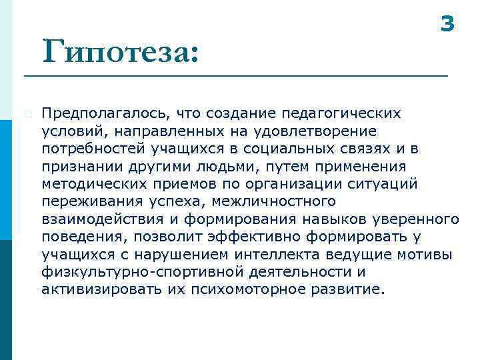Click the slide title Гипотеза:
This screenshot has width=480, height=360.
pos(120,51)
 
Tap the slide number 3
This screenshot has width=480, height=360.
pos(447,25)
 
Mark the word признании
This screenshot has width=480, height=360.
pos(77,165)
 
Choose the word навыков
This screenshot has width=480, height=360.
pos(328,219)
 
